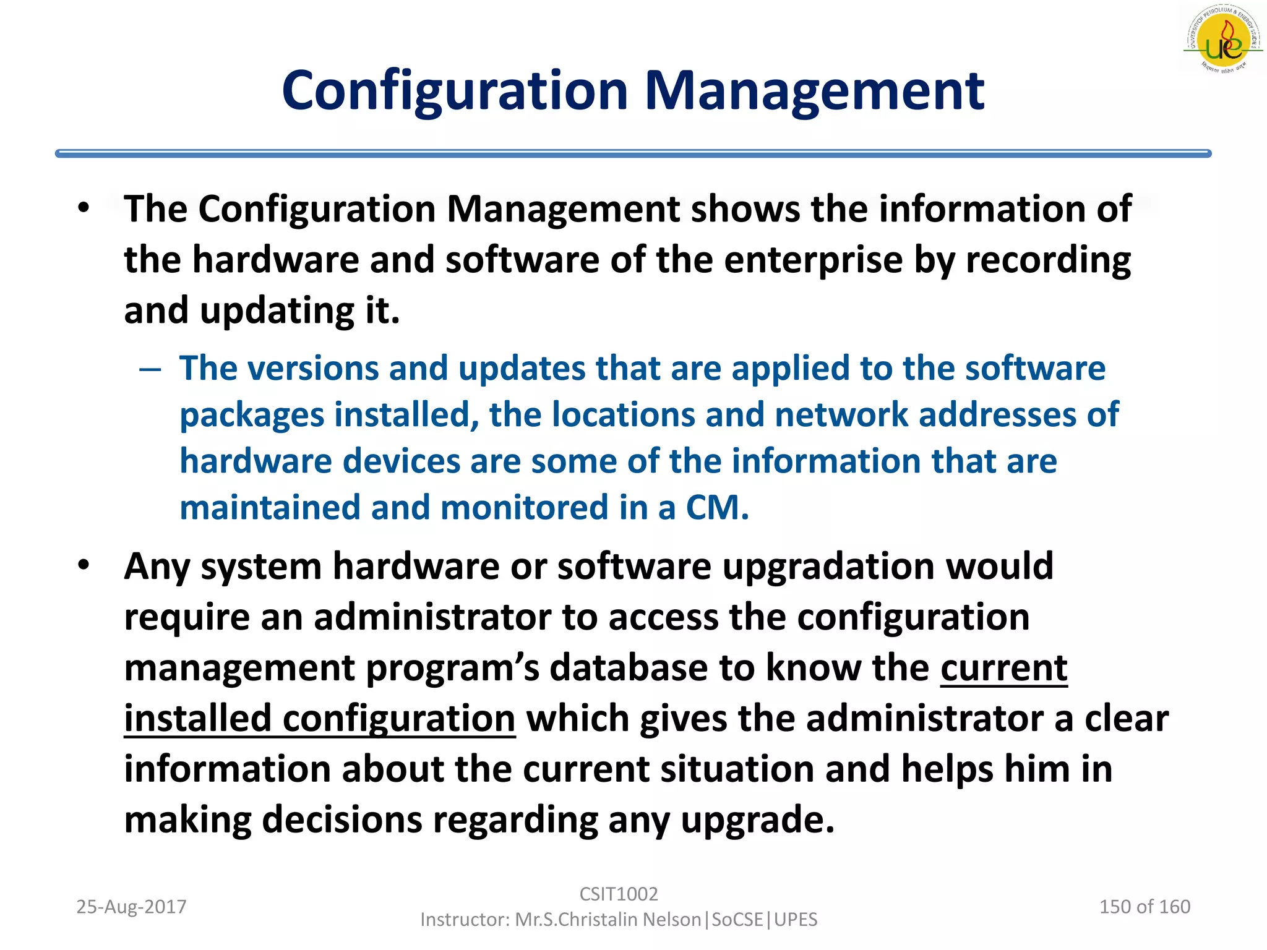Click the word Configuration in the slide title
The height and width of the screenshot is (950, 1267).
point(455,91)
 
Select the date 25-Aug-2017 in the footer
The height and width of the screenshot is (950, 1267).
point(131,907)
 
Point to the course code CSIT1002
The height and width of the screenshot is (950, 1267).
point(619,894)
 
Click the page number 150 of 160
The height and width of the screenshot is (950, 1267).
point(1145,907)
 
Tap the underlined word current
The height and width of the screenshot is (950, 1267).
point(1003,668)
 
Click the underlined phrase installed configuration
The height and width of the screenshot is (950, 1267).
point(320,719)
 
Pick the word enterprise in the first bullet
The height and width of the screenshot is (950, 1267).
point(813,260)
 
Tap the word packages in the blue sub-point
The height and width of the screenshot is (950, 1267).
point(252,415)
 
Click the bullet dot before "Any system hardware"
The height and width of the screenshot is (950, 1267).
point(84,564)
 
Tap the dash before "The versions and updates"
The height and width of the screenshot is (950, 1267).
point(150,370)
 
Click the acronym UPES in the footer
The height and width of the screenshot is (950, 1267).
point(796,920)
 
